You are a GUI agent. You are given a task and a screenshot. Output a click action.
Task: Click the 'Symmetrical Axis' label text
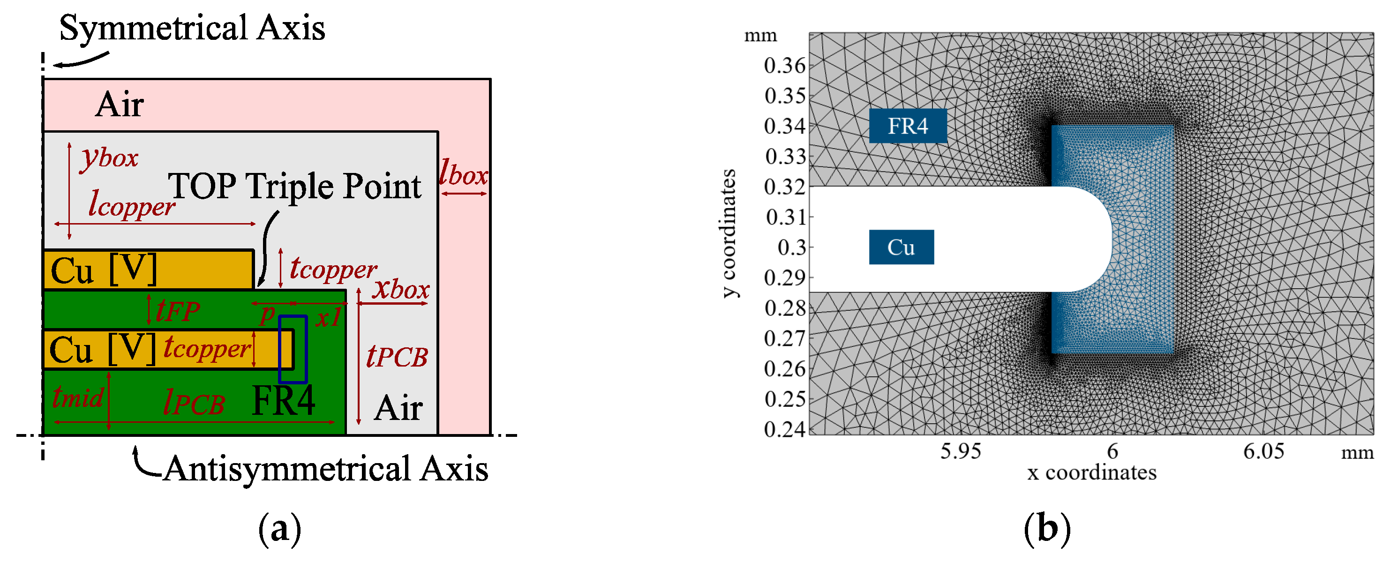pyautogui.click(x=192, y=28)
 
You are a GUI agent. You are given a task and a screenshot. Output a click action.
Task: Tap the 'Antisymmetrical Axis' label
pyautogui.click(x=326, y=469)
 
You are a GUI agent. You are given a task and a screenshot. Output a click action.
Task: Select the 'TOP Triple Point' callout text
pyautogui.click(x=294, y=187)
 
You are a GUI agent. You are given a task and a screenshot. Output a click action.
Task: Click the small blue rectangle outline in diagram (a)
pyautogui.click(x=293, y=349)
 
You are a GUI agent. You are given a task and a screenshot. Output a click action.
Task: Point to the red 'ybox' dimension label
pyautogui.click(x=110, y=158)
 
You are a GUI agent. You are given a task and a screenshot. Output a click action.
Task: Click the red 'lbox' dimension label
pyautogui.click(x=464, y=173)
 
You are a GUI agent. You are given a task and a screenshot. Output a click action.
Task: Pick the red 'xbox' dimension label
pyautogui.click(x=401, y=289)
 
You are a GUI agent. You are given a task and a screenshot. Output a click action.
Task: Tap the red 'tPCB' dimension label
pyautogui.click(x=397, y=357)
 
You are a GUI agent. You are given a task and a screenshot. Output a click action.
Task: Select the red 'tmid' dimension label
pyautogui.click(x=78, y=397)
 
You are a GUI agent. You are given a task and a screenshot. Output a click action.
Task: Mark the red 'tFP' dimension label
pyautogui.click(x=178, y=311)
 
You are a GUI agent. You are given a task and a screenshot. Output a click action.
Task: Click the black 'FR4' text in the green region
pyautogui.click(x=283, y=401)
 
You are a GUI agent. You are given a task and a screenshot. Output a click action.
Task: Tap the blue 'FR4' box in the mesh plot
pyautogui.click(x=908, y=126)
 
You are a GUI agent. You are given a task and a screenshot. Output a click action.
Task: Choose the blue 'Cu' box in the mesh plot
pyautogui.click(x=901, y=247)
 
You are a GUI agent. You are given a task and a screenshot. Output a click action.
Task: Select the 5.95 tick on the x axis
pyautogui.click(x=961, y=451)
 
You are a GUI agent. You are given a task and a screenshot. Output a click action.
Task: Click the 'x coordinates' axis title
pyautogui.click(x=1091, y=473)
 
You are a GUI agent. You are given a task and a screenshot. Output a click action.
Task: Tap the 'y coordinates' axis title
pyautogui.click(x=729, y=233)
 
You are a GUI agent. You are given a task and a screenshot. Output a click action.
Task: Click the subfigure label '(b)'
pyautogui.click(x=1047, y=529)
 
